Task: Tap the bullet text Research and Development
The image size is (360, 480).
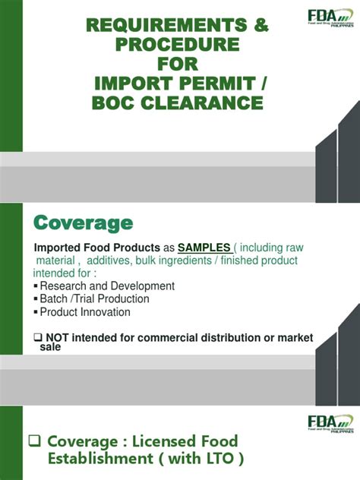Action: click(107, 286)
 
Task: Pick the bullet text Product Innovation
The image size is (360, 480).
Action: click(85, 312)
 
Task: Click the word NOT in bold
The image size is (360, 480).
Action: click(58, 337)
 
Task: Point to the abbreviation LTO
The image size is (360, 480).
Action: click(219, 459)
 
